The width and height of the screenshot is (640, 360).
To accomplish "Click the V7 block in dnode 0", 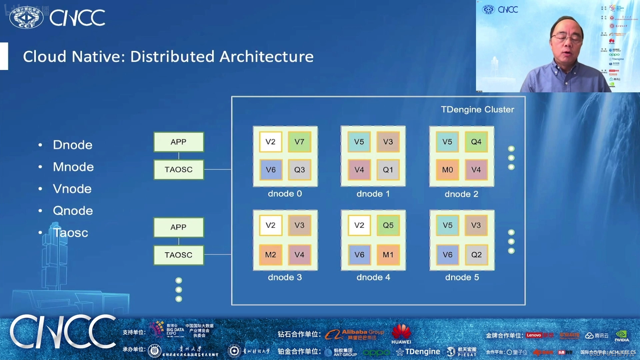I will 299,142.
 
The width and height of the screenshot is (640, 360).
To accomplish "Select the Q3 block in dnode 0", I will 299,170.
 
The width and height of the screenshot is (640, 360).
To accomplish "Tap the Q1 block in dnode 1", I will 388,170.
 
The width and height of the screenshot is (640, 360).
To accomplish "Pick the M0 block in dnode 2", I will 447,170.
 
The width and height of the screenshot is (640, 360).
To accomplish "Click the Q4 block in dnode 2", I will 476,142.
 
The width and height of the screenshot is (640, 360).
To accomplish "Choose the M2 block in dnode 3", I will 270,255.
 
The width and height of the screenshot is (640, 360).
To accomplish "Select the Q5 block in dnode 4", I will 388,225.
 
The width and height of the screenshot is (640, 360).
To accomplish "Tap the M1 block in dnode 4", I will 388,255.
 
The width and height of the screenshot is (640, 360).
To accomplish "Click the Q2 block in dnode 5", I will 476,255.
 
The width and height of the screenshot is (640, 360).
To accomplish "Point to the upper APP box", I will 179,142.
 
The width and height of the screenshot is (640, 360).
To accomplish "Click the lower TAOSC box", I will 179,255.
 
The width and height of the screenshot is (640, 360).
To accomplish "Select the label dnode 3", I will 285,277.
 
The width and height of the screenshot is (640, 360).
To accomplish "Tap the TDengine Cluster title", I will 477,110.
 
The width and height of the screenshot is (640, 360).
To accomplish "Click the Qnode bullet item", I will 73,211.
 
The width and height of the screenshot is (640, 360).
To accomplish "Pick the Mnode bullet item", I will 73,167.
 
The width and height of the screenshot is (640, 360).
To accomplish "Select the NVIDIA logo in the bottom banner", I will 622,336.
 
